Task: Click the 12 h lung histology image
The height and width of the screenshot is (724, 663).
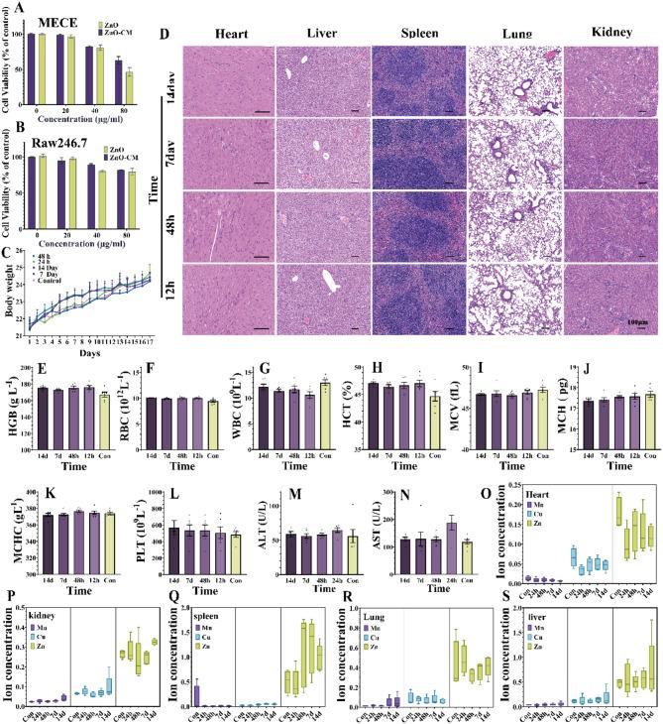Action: point(512,292)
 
